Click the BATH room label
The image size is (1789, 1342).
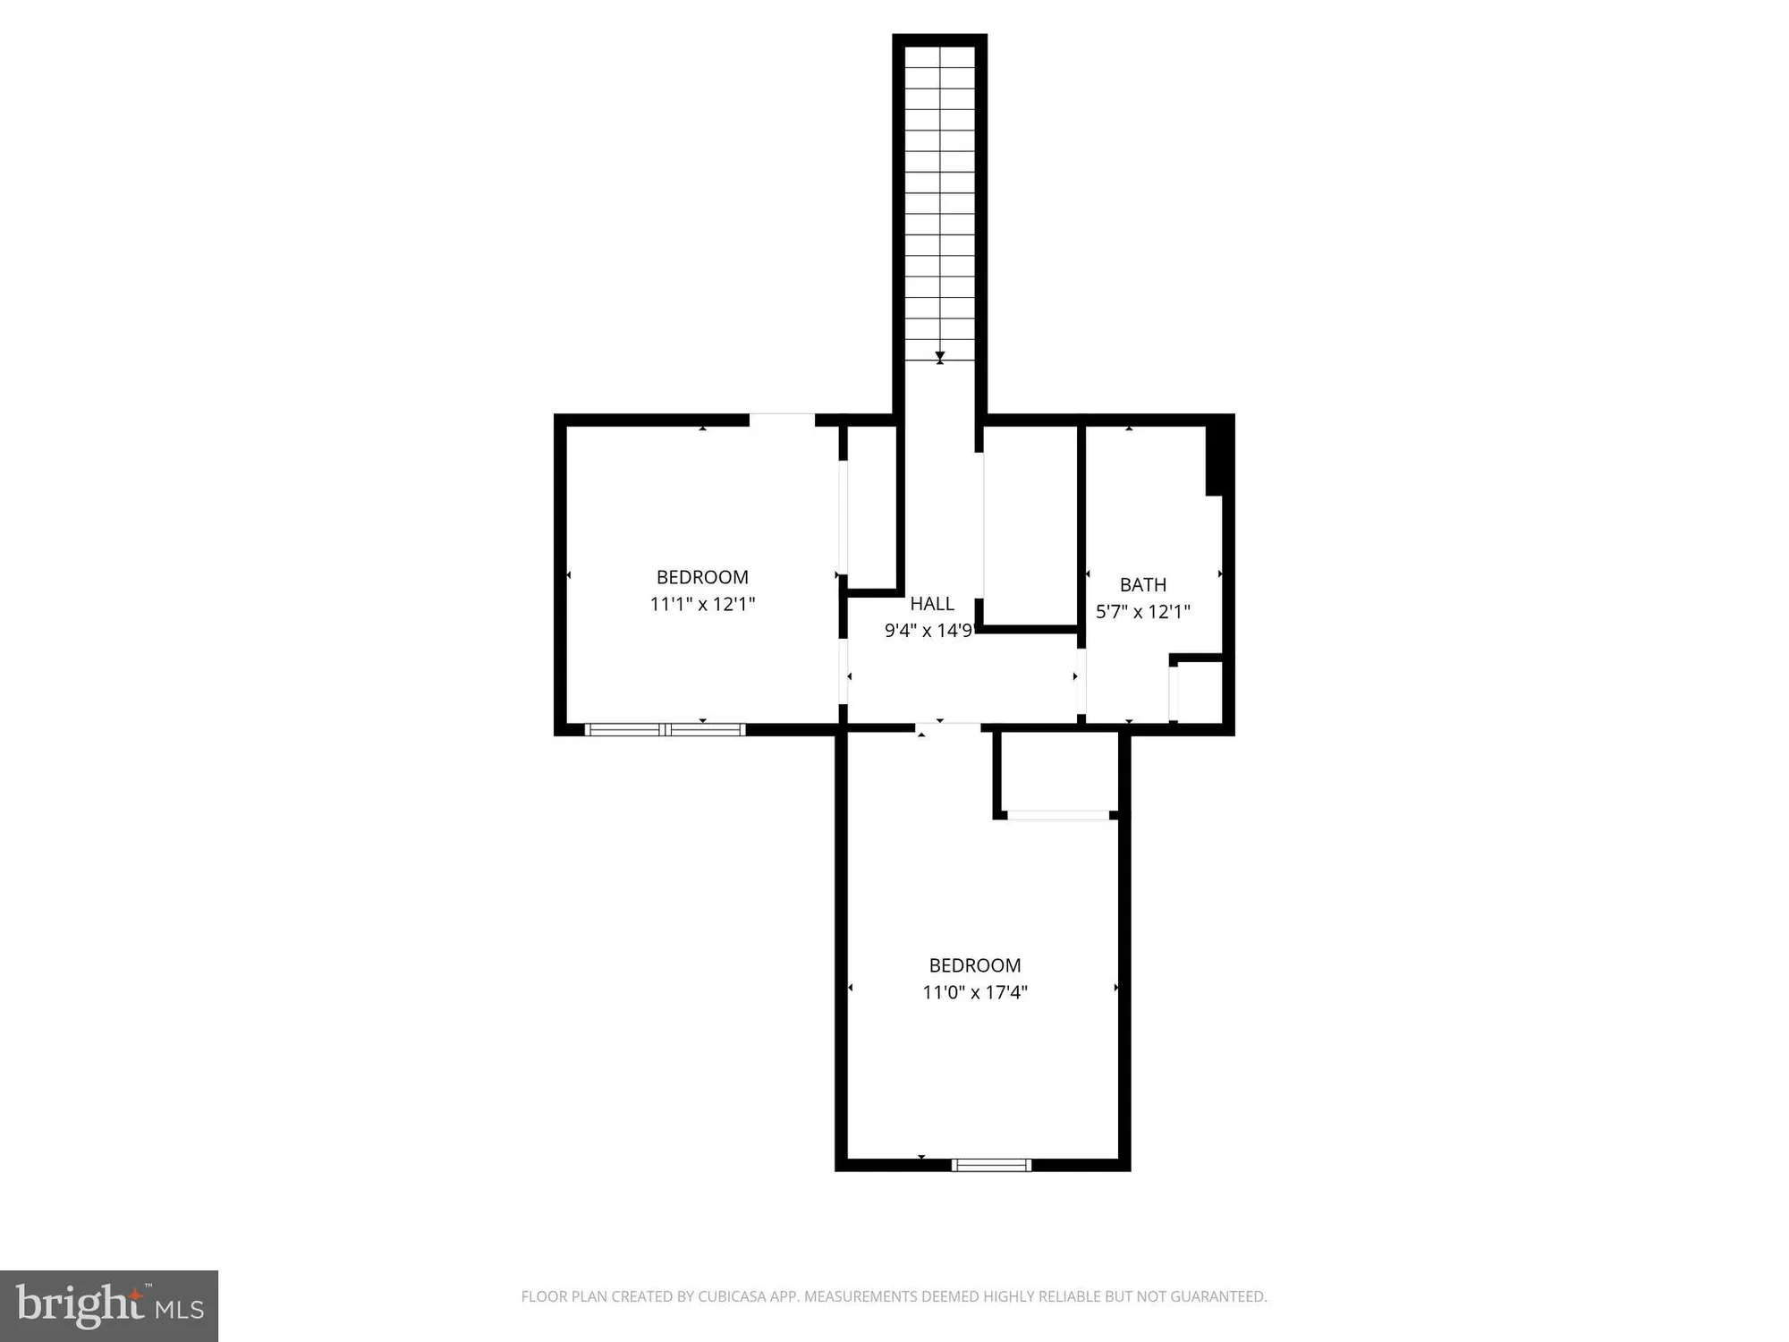(1142, 585)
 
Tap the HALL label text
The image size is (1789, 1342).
(931, 604)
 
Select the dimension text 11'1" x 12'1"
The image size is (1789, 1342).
(702, 605)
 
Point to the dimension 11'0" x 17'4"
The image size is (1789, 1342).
(974, 992)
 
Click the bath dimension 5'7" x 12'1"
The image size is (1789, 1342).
(1142, 612)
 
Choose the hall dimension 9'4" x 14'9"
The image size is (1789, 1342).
(928, 631)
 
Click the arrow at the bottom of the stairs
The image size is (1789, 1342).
(939, 358)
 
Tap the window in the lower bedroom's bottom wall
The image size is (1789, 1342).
(991, 1165)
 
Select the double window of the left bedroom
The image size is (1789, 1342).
(665, 729)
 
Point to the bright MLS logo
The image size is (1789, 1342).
(109, 1305)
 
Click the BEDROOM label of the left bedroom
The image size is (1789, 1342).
(702, 578)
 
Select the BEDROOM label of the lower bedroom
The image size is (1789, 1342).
(974, 965)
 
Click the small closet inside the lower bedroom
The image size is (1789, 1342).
(1058, 771)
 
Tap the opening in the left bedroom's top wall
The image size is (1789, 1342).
(781, 420)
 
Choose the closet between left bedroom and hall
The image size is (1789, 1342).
(871, 507)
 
